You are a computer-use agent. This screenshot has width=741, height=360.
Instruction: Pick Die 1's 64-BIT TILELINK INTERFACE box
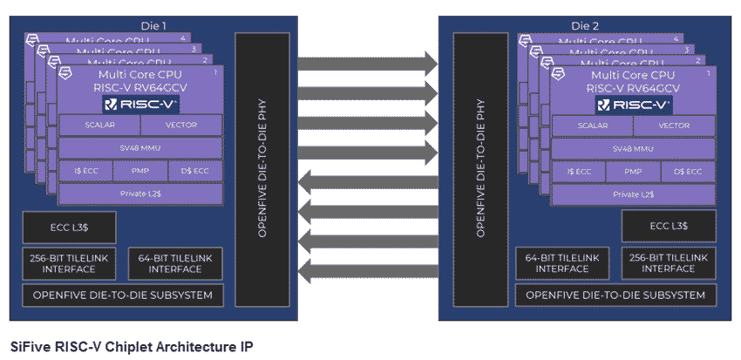pyautogui.click(x=174, y=263)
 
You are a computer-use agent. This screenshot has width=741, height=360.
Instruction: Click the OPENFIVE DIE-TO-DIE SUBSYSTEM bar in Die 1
pyautogui.click(x=122, y=295)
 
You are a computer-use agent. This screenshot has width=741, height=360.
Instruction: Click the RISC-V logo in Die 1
pyautogui.click(x=140, y=105)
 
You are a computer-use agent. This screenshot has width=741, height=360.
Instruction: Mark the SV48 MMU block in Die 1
pyautogui.click(x=139, y=148)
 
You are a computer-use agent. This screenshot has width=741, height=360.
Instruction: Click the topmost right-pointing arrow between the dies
pyautogui.click(x=367, y=64)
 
